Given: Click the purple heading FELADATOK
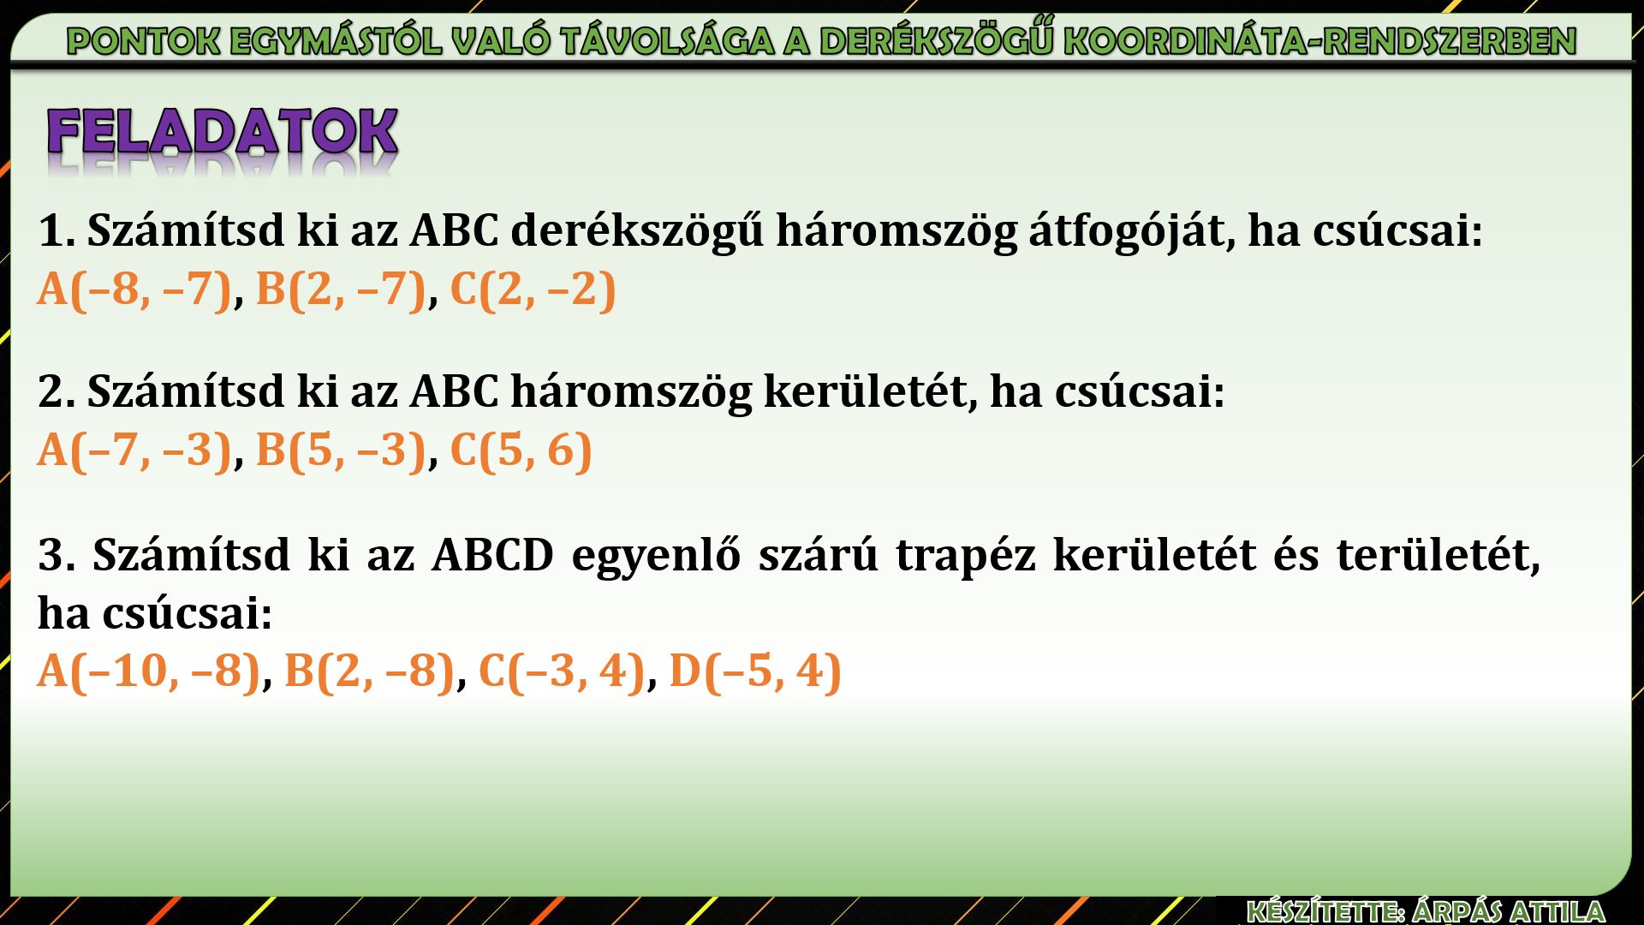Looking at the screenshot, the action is [x=223, y=132].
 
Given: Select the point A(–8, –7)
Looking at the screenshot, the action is [x=134, y=289].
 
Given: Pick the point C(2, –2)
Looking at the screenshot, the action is [x=533, y=289].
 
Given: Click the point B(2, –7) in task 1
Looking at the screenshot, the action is [x=341, y=289].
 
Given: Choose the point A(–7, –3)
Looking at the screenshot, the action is [x=134, y=450].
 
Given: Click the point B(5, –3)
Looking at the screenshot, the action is [x=341, y=450].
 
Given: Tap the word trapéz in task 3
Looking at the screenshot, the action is [x=965, y=555].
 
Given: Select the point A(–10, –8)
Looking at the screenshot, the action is [x=148, y=670].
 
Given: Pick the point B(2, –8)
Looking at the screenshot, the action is [x=369, y=670].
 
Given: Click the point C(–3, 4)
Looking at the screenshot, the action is [x=561, y=670].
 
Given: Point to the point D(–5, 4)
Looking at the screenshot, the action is [x=755, y=670].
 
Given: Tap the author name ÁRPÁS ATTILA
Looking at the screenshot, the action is [x=1510, y=911].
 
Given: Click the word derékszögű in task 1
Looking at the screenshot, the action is [x=637, y=230].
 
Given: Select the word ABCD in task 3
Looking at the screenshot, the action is [x=493, y=554].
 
